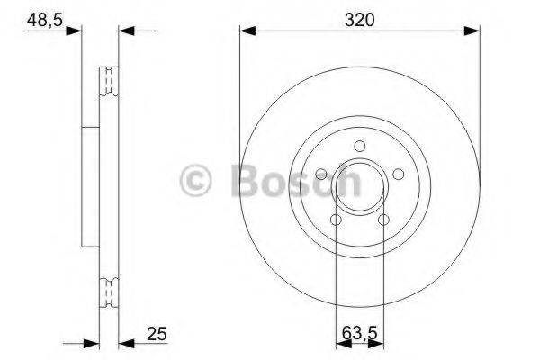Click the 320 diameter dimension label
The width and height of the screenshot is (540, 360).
click(x=359, y=17)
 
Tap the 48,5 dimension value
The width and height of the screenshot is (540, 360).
click(x=42, y=17)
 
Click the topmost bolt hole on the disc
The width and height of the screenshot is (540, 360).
click(x=359, y=147)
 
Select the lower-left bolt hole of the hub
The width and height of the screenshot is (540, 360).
click(x=336, y=219)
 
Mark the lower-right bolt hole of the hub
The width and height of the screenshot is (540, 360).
click(x=383, y=219)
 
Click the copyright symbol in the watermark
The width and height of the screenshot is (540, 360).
click(x=197, y=181)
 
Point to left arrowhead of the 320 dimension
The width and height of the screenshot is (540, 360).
click(x=246, y=31)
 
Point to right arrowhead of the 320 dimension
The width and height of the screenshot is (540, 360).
click(x=473, y=31)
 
